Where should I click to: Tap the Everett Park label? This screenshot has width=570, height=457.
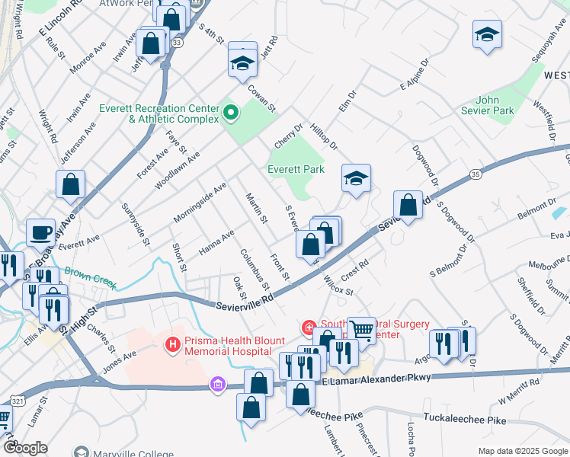pos(296,169)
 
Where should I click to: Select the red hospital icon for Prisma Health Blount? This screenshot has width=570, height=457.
pos(173,345)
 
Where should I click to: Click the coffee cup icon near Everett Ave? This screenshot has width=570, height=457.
pos(40,232)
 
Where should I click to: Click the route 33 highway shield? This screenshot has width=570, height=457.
pos(177,43)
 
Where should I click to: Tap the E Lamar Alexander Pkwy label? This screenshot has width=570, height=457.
pos(377,379)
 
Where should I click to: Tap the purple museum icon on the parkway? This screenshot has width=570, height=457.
pos(219,385)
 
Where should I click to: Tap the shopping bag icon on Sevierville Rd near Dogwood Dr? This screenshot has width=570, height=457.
pos(408,204)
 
